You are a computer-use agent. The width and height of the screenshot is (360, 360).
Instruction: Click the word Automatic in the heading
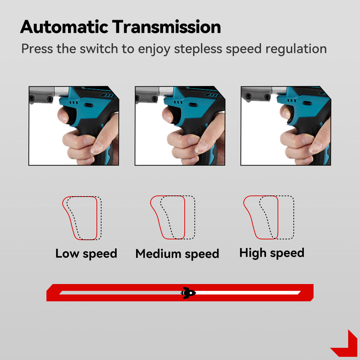pos(64,27)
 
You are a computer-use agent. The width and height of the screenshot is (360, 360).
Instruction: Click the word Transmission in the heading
pos(166,27)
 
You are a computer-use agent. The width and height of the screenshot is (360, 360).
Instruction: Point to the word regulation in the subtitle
pos(296,49)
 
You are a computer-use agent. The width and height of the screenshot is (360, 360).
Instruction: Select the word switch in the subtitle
pos(99,49)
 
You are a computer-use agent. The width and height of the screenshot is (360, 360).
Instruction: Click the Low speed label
pos(86,254)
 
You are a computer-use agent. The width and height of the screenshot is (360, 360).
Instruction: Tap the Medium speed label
pos(177,254)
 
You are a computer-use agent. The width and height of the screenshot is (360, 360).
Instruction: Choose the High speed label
pos(272,253)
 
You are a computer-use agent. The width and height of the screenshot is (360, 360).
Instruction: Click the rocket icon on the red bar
pos(188,293)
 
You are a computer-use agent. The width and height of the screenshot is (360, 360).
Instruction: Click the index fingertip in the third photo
pos(285,112)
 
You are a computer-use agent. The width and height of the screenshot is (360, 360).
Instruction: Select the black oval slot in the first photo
pos(89,105)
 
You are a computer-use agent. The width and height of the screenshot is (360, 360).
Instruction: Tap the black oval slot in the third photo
pos(307,103)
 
